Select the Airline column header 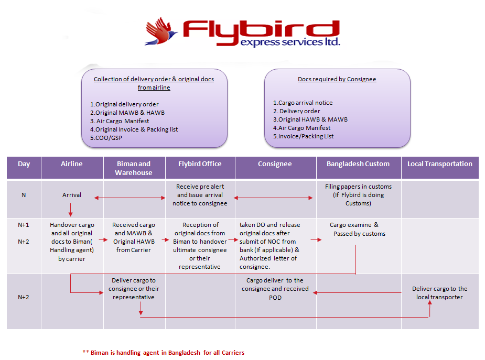[72, 164]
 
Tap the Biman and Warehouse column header [134, 168]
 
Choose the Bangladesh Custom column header [358, 164]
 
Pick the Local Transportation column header [440, 164]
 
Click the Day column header [24, 164]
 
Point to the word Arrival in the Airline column [72, 195]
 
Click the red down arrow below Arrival [70, 211]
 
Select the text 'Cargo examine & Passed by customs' [359, 230]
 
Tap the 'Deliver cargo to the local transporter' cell [439, 293]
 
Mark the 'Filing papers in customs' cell [358, 194]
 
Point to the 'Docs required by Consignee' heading [337, 79]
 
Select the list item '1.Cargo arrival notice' [303, 103]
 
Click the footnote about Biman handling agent [163, 352]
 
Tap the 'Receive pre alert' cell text [200, 187]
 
